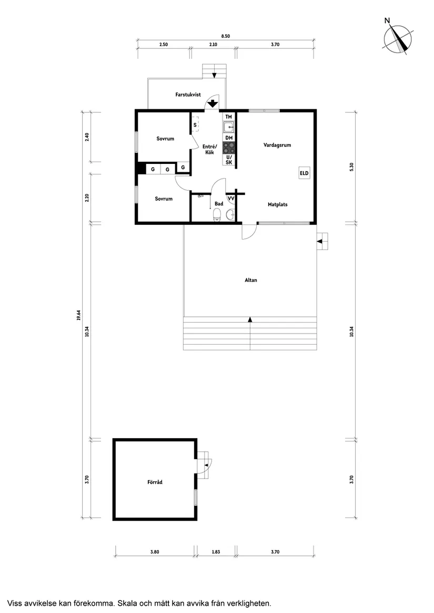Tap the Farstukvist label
(x=188, y=95)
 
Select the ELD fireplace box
(x=305, y=173)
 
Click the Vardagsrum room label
(x=277, y=145)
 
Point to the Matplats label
(x=278, y=204)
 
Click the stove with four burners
(x=229, y=148)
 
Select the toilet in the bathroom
(x=217, y=215)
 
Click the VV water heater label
(x=231, y=198)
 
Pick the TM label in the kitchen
(x=229, y=117)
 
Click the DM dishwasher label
(x=229, y=138)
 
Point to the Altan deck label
(x=251, y=280)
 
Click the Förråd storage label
(x=155, y=482)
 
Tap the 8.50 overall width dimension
(x=226, y=36)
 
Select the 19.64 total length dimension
(x=78, y=315)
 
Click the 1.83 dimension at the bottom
(x=216, y=552)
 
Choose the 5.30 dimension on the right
(x=351, y=167)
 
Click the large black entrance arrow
(x=213, y=103)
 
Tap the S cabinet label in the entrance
(x=195, y=125)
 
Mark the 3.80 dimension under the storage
(x=155, y=552)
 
